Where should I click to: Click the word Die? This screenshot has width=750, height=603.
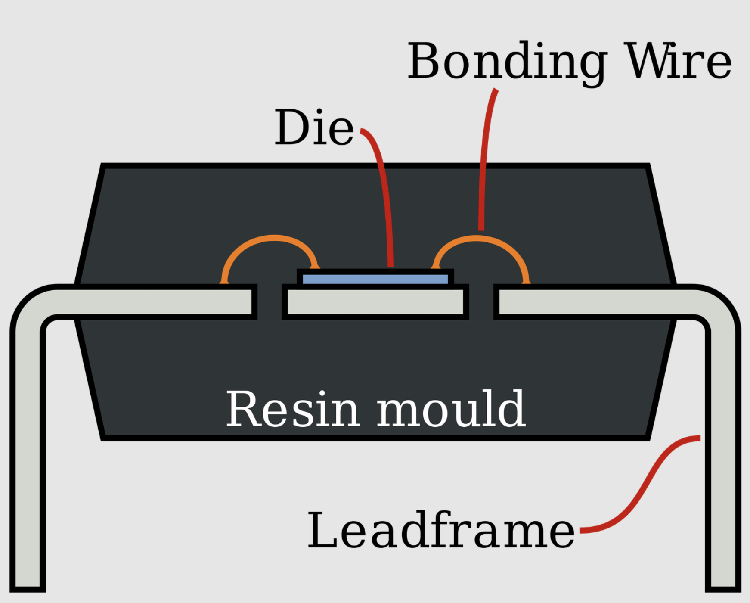[x=314, y=127]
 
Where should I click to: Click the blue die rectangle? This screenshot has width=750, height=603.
[x=375, y=279]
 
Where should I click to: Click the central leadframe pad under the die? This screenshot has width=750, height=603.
[x=375, y=301]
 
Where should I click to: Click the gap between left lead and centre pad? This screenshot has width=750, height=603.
[x=270, y=301]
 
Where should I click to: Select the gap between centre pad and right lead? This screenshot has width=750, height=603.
[x=481, y=301]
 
